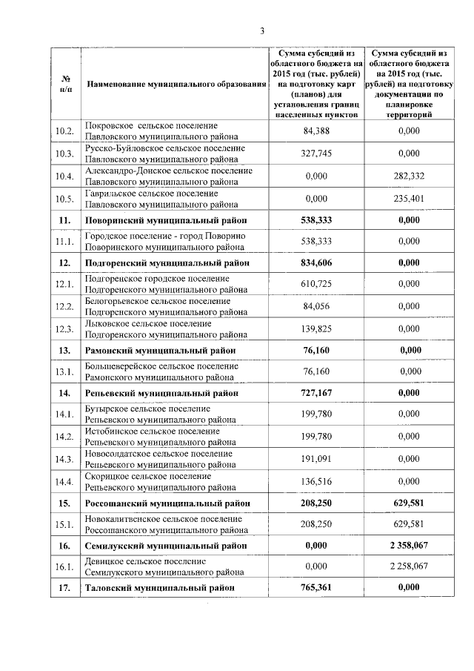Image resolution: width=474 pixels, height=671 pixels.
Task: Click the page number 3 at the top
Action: [x=262, y=30]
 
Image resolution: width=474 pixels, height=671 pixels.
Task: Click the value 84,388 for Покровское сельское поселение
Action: [x=318, y=131]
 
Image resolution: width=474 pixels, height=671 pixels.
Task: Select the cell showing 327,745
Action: [x=318, y=153]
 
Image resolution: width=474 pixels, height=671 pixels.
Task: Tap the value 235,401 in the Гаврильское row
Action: [x=409, y=198]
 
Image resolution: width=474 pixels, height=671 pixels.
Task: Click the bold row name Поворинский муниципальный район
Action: [x=166, y=220]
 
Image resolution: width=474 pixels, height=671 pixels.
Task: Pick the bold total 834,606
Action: [x=318, y=263]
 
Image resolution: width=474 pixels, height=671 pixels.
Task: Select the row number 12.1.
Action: [x=65, y=285]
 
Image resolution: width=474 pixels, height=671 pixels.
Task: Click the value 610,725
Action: [x=318, y=285]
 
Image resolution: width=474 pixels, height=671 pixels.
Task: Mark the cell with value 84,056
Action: [x=318, y=307]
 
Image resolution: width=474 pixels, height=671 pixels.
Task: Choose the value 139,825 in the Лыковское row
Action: [x=318, y=328]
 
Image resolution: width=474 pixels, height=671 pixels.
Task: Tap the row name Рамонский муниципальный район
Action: [x=161, y=350]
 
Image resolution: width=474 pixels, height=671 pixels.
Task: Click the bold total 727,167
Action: [x=318, y=393]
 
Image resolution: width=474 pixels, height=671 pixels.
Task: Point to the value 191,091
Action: [x=318, y=459]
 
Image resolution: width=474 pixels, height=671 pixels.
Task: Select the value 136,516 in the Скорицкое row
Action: [x=318, y=481]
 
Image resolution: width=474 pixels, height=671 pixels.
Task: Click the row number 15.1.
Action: [x=65, y=525]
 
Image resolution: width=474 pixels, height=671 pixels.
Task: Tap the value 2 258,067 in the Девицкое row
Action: [x=409, y=566]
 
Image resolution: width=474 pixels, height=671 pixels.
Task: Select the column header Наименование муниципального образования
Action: [x=176, y=85]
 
